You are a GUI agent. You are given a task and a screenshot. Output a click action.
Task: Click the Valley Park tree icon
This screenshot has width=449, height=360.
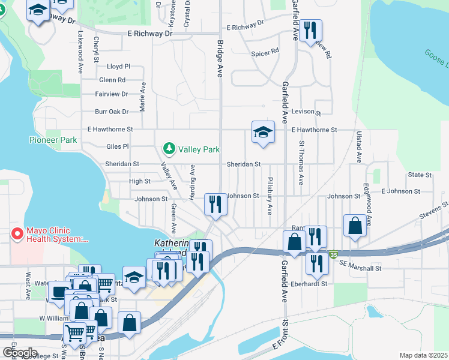(x=169, y=149)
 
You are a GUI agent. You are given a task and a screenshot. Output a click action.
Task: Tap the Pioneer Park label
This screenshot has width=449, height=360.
(x=53, y=140)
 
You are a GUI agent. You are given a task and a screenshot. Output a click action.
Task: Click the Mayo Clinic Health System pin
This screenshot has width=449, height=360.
(x=17, y=233)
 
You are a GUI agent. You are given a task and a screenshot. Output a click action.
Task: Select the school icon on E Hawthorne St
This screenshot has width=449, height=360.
(x=263, y=131)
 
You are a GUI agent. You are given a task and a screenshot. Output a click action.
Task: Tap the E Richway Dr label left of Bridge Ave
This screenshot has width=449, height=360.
(x=146, y=34)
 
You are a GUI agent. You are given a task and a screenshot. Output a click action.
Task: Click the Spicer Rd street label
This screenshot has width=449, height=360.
(x=265, y=52)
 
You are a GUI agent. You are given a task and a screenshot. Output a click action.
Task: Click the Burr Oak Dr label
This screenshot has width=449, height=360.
(x=112, y=112)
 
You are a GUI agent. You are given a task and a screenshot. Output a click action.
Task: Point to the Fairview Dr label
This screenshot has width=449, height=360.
(x=112, y=94)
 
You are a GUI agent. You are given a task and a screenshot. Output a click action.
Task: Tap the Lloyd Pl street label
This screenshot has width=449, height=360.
(x=118, y=67)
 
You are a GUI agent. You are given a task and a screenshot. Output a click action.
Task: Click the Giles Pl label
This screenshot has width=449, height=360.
(x=117, y=146)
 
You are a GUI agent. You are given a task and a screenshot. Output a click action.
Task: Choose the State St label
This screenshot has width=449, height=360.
(x=420, y=175)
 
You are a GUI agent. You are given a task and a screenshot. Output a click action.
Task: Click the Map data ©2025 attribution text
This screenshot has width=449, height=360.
(x=423, y=355)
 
